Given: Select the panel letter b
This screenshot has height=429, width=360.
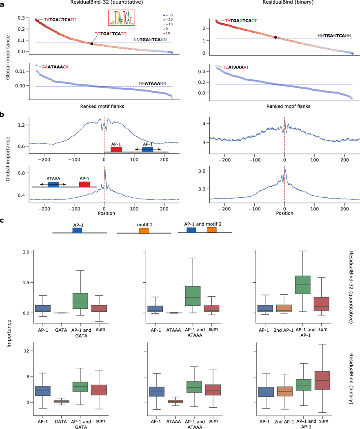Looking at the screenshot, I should pos(3,115).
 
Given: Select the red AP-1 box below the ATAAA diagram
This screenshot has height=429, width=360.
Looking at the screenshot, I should pos(84,184).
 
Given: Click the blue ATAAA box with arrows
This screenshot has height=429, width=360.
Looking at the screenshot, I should pos(53,184).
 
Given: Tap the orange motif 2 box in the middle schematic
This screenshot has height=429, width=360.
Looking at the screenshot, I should pos(143,231).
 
